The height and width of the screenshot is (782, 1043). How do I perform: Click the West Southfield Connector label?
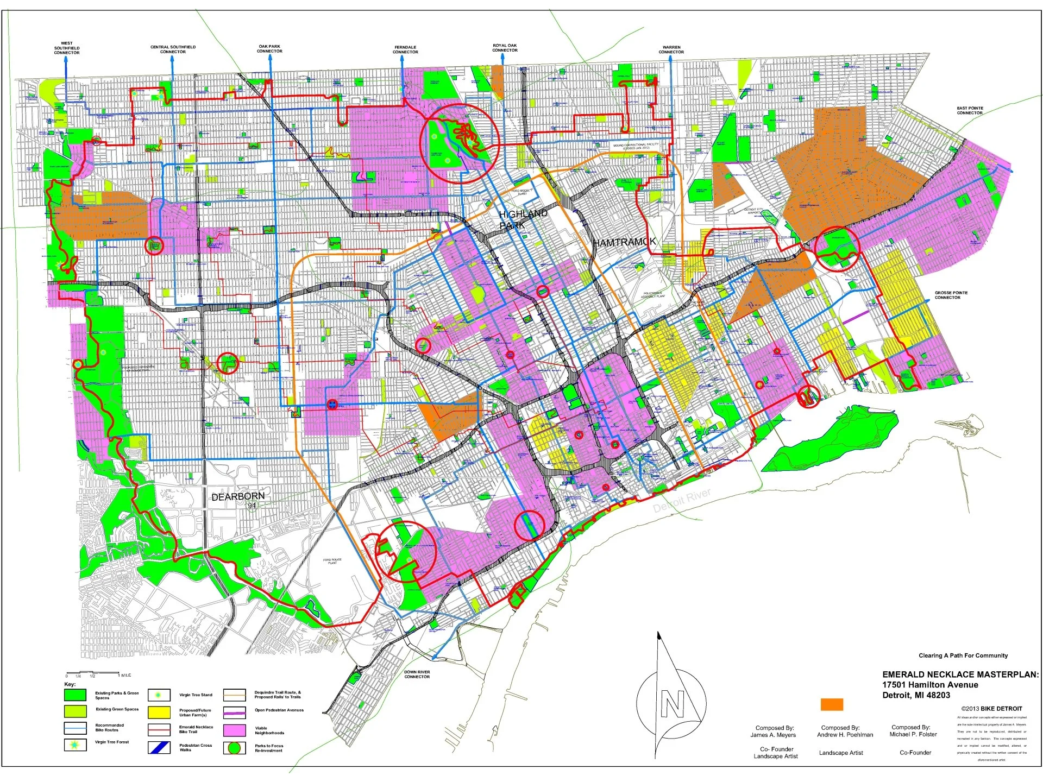pyautogui.click(x=67, y=48)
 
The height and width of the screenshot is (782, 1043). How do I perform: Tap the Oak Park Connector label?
pyautogui.click(x=269, y=49)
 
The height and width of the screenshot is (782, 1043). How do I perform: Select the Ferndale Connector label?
pyautogui.click(x=405, y=49)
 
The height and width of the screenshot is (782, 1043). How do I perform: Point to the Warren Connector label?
pyautogui.click(x=671, y=49)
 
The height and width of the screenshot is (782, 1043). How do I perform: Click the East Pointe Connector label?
pyautogui.click(x=970, y=110)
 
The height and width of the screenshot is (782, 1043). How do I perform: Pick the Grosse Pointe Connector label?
pyautogui.click(x=951, y=295)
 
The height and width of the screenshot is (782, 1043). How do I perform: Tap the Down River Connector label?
pyautogui.click(x=417, y=674)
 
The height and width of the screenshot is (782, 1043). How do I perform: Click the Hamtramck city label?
pyautogui.click(x=624, y=242)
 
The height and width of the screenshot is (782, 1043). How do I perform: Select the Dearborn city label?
pyautogui.click(x=238, y=497)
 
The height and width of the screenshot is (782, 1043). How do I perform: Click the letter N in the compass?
pyautogui.click(x=672, y=704)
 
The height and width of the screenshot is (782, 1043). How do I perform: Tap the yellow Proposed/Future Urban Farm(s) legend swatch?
pyautogui.click(x=159, y=712)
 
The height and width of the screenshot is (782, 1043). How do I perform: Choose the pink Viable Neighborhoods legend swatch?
pyautogui.click(x=234, y=730)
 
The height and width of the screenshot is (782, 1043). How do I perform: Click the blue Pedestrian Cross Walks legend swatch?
pyautogui.click(x=159, y=748)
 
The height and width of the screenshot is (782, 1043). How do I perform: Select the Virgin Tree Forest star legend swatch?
pyautogui.click(x=75, y=745)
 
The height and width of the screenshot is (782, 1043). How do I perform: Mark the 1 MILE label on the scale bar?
pyautogui.click(x=124, y=675)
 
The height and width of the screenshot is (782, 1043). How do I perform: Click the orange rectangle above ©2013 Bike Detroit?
pyautogui.click(x=832, y=704)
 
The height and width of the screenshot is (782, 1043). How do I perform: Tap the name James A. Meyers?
pyautogui.click(x=773, y=735)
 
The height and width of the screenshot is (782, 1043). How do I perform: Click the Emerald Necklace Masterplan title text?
pyautogui.click(x=960, y=674)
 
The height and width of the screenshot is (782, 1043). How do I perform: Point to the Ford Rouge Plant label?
pyautogui.click(x=332, y=561)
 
